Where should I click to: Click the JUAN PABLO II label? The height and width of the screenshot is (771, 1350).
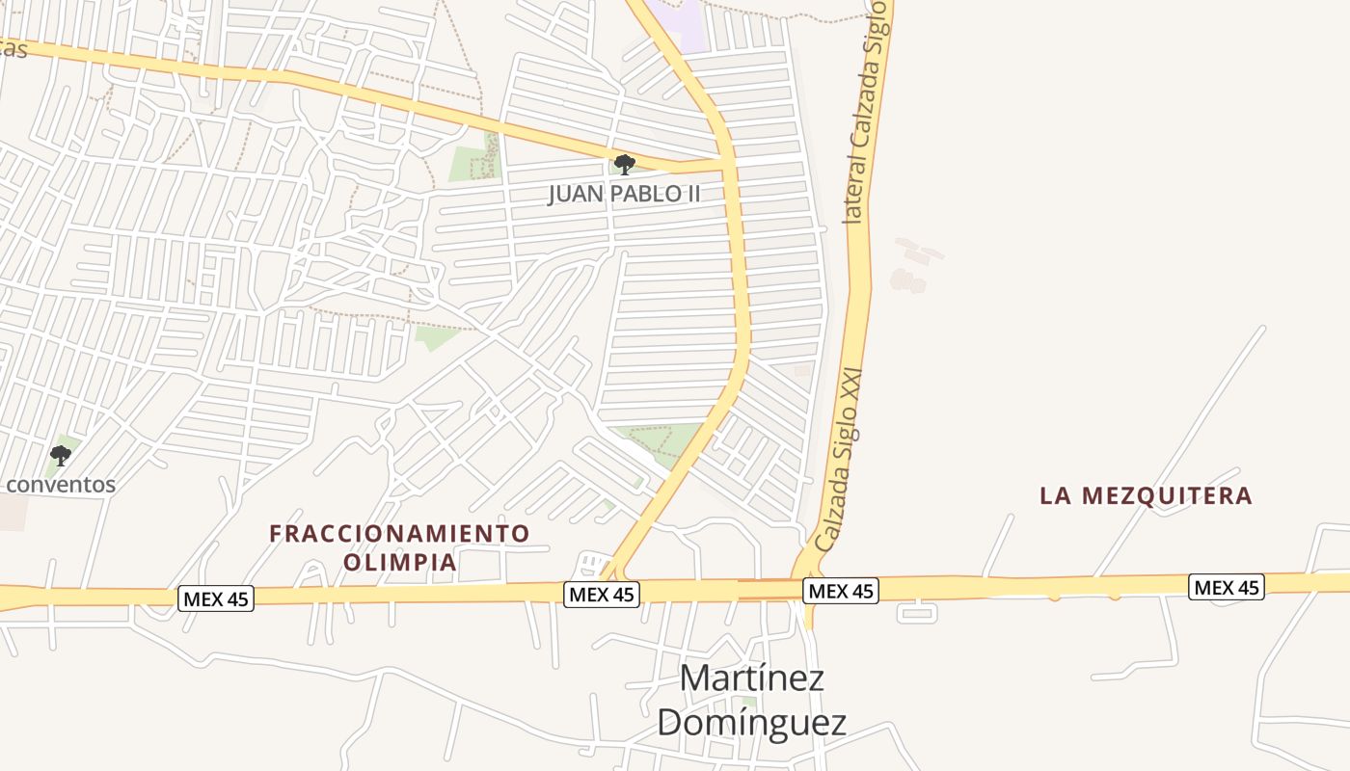624,194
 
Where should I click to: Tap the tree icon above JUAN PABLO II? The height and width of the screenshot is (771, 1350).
624,164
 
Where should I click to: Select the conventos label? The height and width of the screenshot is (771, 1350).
61,485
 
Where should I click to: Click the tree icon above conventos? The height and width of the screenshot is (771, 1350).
61,455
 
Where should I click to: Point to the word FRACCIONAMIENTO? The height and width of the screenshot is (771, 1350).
399,533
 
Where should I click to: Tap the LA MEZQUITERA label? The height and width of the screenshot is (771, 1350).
1146,496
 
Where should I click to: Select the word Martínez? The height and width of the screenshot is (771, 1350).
751,678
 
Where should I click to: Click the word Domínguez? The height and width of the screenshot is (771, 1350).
751,722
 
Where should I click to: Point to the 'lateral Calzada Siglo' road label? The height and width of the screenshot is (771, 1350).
865,111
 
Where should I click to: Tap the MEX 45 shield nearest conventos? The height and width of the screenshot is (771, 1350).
216,598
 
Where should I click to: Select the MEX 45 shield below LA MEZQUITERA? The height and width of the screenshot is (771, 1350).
1226,586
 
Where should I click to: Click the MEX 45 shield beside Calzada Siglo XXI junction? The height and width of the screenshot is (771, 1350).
841,591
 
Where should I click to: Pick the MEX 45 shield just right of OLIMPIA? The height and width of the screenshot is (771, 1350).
602,594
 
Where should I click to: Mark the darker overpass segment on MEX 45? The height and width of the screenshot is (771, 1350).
769,589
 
